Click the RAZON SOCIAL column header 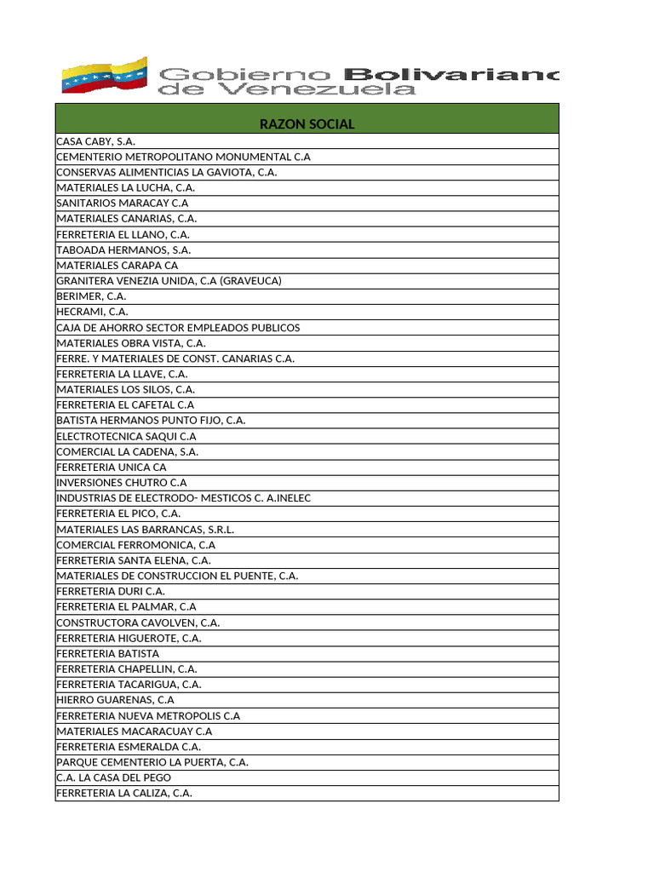pyautogui.click(x=307, y=124)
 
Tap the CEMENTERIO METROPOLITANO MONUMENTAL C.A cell pyautogui.click(x=183, y=157)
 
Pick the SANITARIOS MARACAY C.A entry pyautogui.click(x=122, y=204)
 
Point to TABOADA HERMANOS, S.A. pyautogui.click(x=123, y=250)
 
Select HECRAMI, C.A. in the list pyautogui.click(x=93, y=313)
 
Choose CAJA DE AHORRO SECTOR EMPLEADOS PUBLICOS pyautogui.click(x=178, y=328)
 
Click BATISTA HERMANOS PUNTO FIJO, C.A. pyautogui.click(x=151, y=421)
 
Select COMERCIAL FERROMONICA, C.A pyautogui.click(x=135, y=545)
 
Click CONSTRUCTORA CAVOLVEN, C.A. pyautogui.click(x=138, y=622)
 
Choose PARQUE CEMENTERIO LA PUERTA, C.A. pyautogui.click(x=152, y=762)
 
